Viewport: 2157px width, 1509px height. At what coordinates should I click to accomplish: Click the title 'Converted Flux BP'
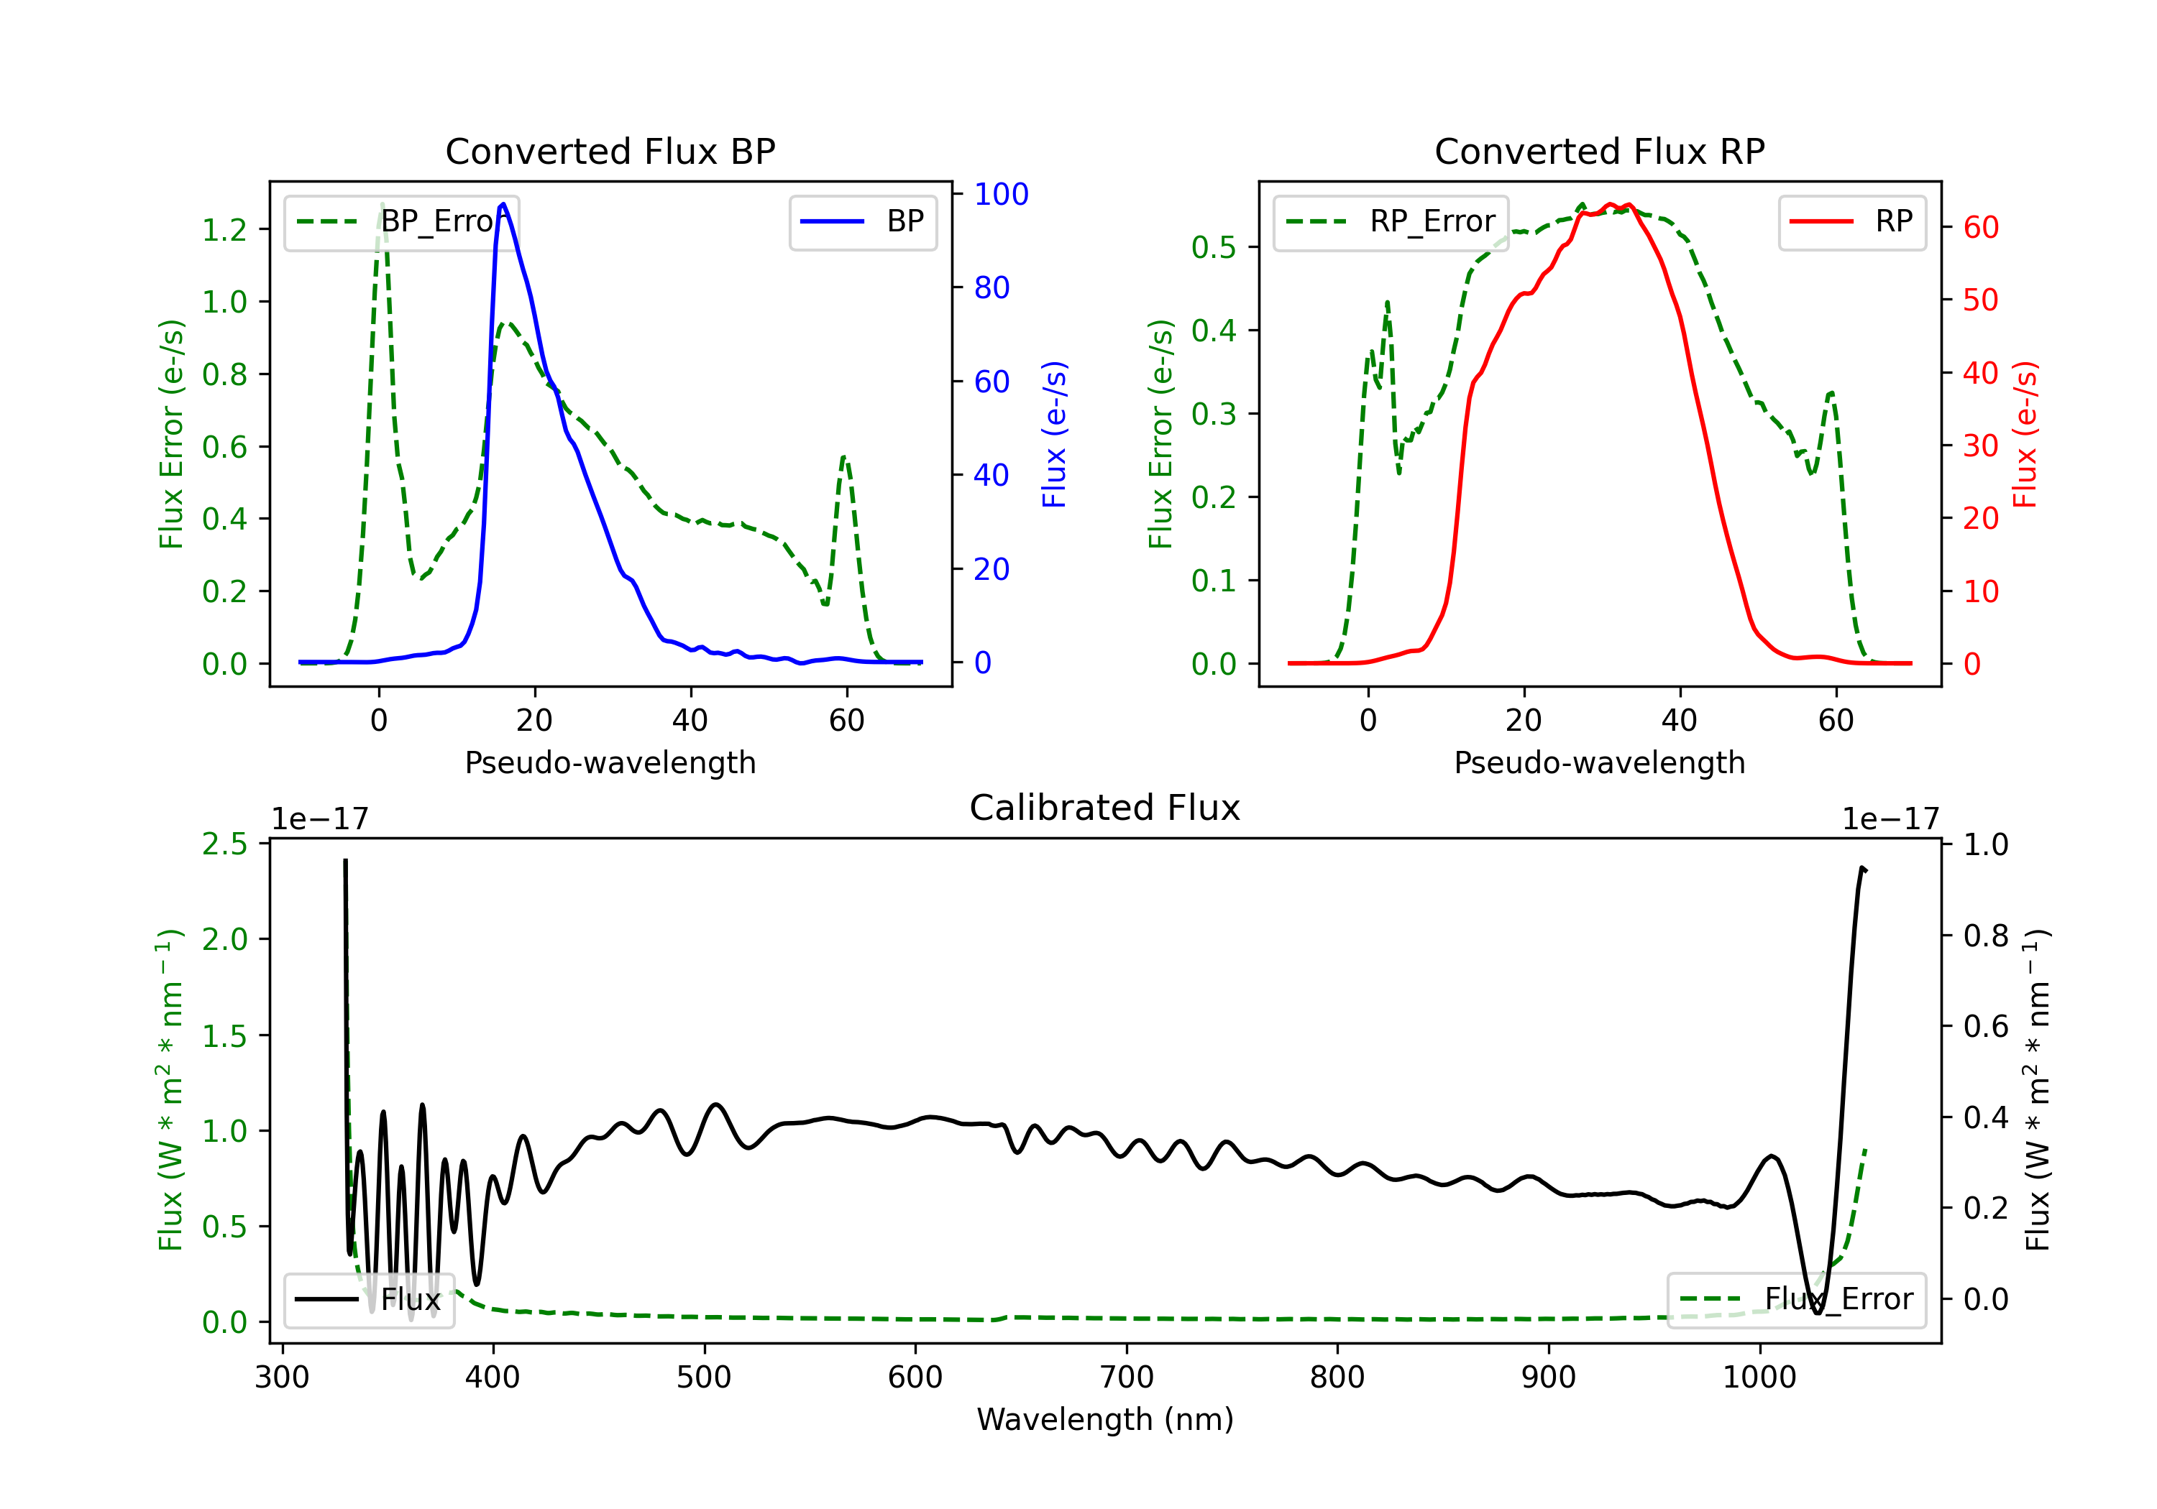coord(610,151)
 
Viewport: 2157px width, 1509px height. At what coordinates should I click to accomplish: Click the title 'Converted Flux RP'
coord(1599,151)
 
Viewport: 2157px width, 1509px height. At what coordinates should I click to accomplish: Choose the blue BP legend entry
coord(862,221)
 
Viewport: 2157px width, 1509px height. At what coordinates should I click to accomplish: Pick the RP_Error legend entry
coord(1391,221)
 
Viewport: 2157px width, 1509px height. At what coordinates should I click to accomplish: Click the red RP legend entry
coord(1851,221)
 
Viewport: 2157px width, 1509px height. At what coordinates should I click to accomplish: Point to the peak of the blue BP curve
coord(503,204)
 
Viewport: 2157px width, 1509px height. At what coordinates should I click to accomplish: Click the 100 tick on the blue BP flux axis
coord(1001,195)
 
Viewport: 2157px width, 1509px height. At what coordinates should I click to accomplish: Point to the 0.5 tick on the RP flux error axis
coord(1214,247)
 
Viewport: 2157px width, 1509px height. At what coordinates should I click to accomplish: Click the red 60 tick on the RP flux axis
coord(1980,227)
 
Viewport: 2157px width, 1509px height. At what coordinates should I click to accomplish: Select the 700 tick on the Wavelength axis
coord(1127,1377)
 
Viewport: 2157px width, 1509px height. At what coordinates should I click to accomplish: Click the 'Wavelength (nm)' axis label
coord(1105,1419)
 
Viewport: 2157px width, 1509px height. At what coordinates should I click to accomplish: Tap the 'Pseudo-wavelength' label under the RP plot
coord(1599,762)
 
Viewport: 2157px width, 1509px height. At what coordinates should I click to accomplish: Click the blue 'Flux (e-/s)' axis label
coord(1054,434)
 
